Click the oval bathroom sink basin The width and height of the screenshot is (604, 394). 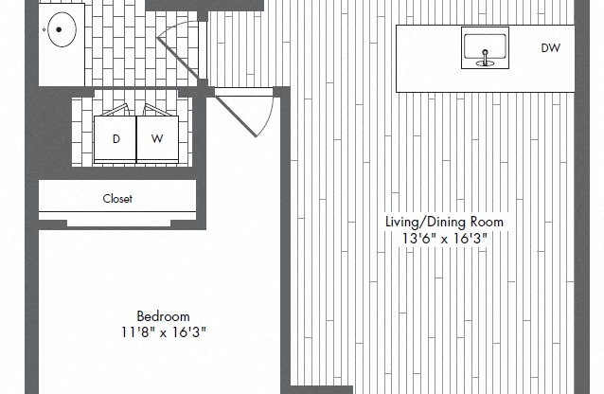[x=61, y=31]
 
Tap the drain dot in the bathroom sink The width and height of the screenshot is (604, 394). [x=58, y=29]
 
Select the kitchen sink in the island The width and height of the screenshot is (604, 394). [x=485, y=47]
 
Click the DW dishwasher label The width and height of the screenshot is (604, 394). [x=550, y=47]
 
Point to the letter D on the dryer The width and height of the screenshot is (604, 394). [x=116, y=139]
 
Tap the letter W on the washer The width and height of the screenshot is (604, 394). [x=158, y=139]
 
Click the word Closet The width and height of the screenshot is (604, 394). [x=117, y=199]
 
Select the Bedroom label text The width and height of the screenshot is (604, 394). [x=163, y=316]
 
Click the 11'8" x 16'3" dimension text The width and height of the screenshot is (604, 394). [x=163, y=332]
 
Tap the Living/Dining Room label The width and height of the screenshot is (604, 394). [x=444, y=222]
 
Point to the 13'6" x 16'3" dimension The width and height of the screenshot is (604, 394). [x=444, y=239]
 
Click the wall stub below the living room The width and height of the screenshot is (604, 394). [x=321, y=388]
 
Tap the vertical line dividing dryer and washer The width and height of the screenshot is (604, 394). [x=137, y=139]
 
